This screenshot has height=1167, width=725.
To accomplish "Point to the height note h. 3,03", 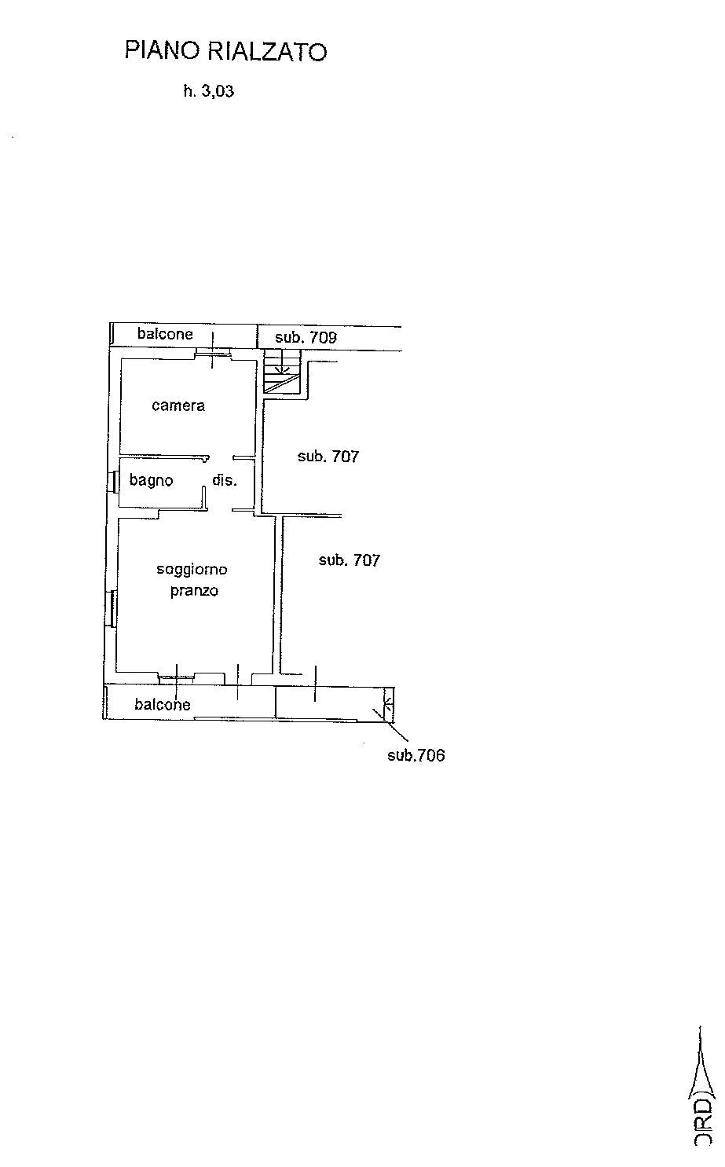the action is point(208,91).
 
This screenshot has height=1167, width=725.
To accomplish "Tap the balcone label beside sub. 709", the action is point(165,333).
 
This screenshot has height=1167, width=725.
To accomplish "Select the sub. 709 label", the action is point(306,337).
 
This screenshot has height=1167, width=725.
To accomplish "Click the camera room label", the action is point(178,406).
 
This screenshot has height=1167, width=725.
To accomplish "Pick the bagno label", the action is point(151,480).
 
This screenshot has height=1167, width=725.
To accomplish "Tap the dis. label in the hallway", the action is point(225,480).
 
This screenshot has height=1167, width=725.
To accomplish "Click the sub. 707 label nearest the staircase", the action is point(328,457).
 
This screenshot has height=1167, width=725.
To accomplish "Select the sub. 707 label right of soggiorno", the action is point(349,560).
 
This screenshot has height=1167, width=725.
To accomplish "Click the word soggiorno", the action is point(192,570).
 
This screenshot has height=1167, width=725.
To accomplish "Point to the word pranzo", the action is point(194,591).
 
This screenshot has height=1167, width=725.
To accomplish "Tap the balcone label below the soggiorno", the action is point(162,704).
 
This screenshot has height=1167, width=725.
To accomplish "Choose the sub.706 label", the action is point(416,755).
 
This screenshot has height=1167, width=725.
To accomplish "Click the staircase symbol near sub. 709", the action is point(283,371).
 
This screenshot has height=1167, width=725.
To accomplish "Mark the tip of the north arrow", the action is point(700,1026).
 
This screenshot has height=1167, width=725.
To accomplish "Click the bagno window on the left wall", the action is point(112,482).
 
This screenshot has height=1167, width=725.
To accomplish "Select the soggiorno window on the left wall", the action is point(112,608).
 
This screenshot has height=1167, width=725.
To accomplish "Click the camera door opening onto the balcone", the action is point(213,353).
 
